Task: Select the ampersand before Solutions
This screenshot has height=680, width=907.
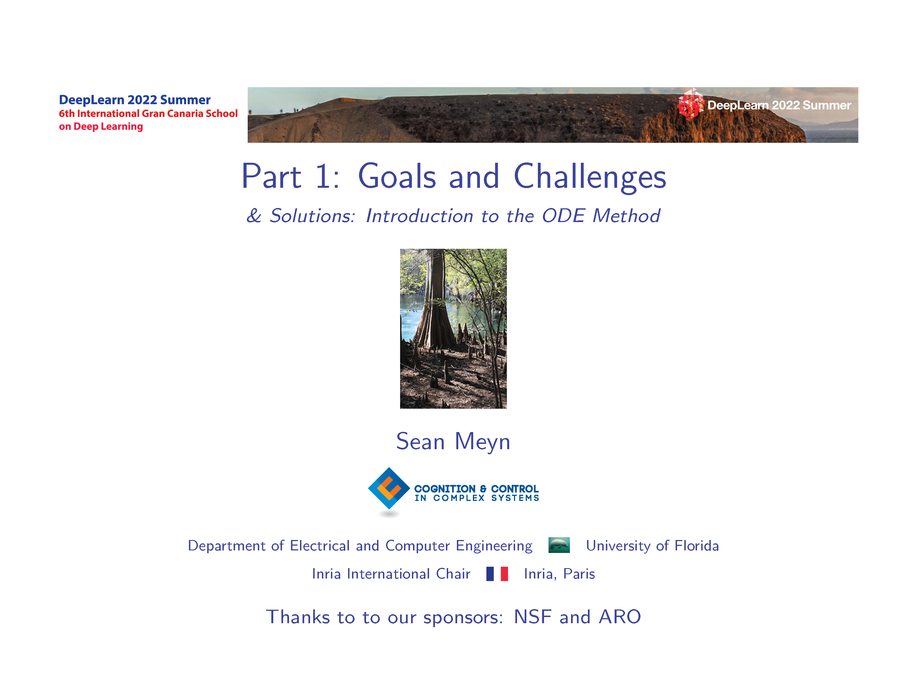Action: [x=254, y=216]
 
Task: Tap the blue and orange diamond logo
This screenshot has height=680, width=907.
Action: [x=389, y=488]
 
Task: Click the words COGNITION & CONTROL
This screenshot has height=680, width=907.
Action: [x=477, y=489]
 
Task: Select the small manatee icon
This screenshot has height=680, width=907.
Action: [x=559, y=545]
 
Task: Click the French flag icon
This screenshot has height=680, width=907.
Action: [x=497, y=574]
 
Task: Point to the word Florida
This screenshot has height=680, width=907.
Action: [x=697, y=546]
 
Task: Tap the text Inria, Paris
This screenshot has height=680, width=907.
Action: [x=559, y=574]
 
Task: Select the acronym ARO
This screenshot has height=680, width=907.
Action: [x=620, y=617]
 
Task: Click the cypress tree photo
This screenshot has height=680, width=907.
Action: [x=453, y=328]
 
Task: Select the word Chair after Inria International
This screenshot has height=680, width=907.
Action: [x=453, y=574]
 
